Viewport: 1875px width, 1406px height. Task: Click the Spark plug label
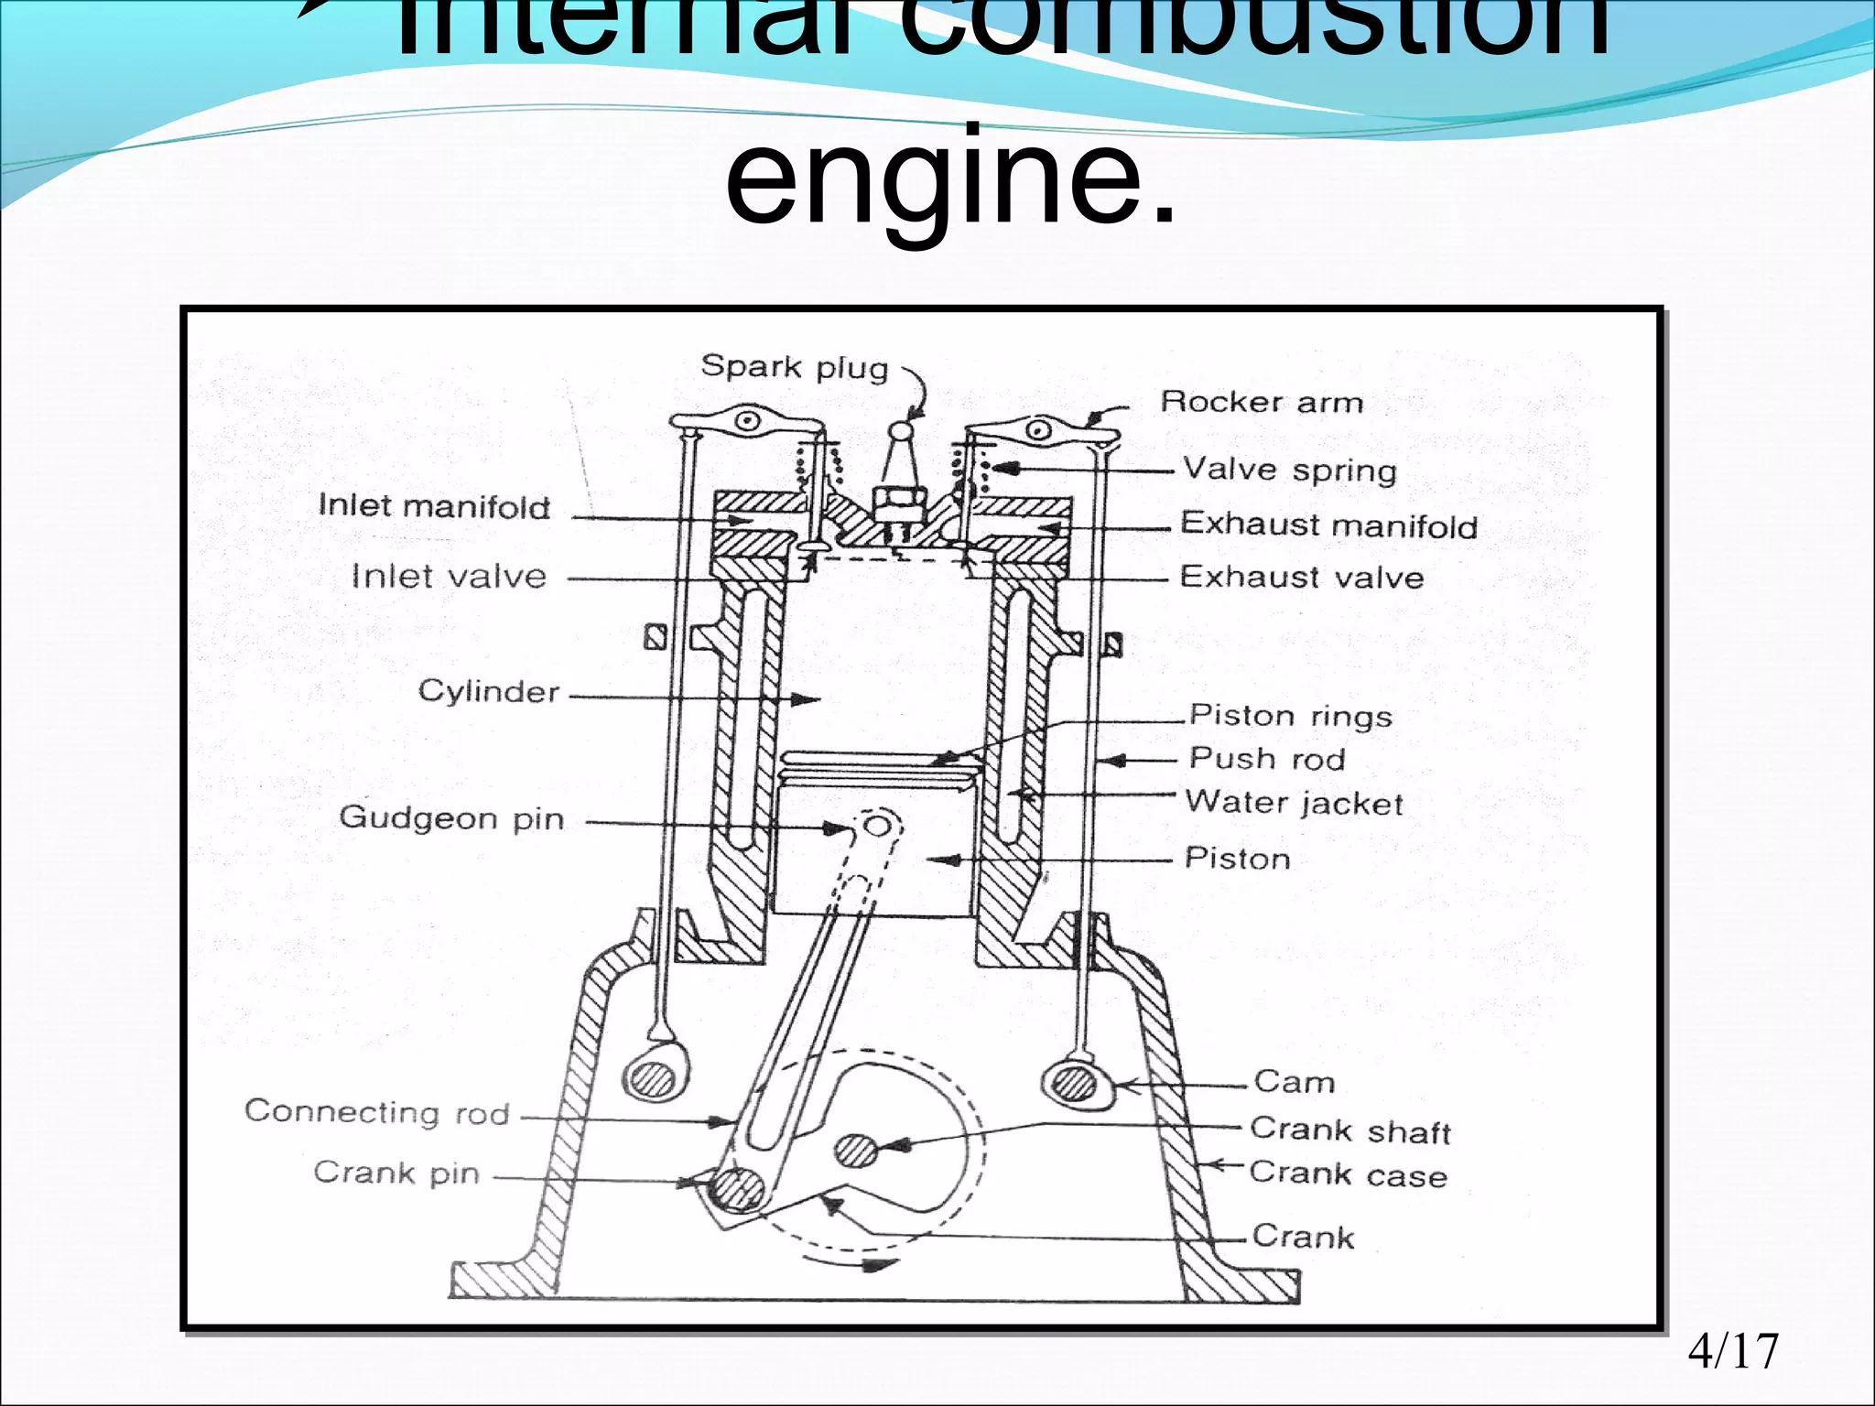794,367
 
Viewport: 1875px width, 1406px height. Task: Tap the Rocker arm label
1262,402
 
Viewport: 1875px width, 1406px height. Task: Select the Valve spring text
1289,470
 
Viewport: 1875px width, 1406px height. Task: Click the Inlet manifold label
434,506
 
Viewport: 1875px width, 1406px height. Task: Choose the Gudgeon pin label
451,817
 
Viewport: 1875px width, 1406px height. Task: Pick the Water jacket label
1294,803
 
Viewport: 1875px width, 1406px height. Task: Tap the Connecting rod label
376,1111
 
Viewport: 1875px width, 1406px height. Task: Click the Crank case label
1348,1173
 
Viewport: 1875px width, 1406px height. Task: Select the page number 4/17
1732,1351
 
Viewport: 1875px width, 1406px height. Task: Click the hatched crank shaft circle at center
857,1150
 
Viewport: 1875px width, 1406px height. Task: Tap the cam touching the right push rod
1073,1085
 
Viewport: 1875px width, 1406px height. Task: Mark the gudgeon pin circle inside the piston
877,827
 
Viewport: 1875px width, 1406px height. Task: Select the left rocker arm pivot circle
750,422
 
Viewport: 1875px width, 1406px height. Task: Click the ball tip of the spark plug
902,428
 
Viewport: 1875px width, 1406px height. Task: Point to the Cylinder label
488,691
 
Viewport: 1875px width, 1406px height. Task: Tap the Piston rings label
1290,716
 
